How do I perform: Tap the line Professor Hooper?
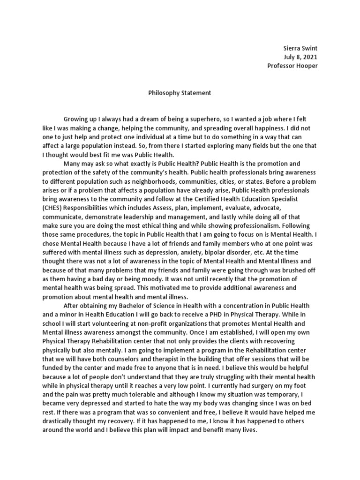pos(292,66)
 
